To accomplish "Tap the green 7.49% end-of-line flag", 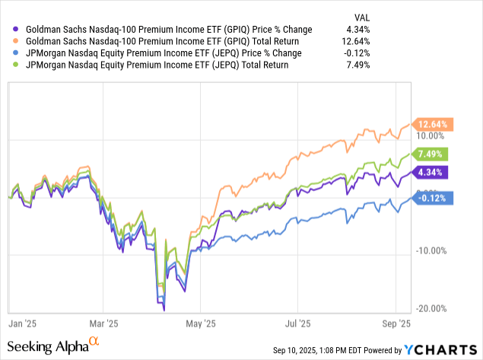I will click(431, 154).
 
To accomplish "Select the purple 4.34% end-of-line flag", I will click(431, 172).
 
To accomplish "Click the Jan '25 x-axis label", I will click(24, 322).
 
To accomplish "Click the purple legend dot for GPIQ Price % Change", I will click(17, 29).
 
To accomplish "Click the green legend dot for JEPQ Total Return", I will click(17, 65).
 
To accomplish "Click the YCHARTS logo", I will click(443, 349).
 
